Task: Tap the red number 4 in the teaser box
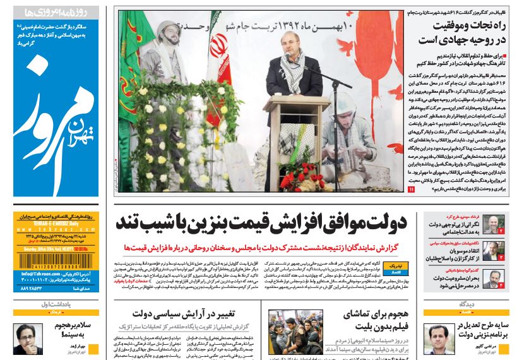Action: [499, 285]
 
